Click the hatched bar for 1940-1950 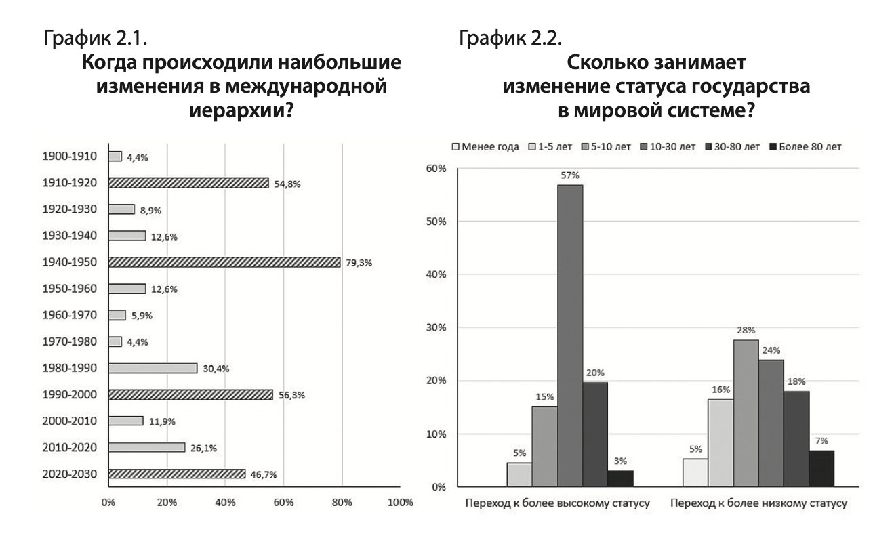coord(224,262)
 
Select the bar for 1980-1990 coord(153,368)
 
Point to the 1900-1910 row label coord(69,156)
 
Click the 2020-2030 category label coord(69,474)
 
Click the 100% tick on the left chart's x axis coord(400,503)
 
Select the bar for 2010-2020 coord(146,447)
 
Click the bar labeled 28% coord(746,413)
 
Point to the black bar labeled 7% coord(821,468)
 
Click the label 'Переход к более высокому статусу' coord(558,504)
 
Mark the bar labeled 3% coord(621,478)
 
